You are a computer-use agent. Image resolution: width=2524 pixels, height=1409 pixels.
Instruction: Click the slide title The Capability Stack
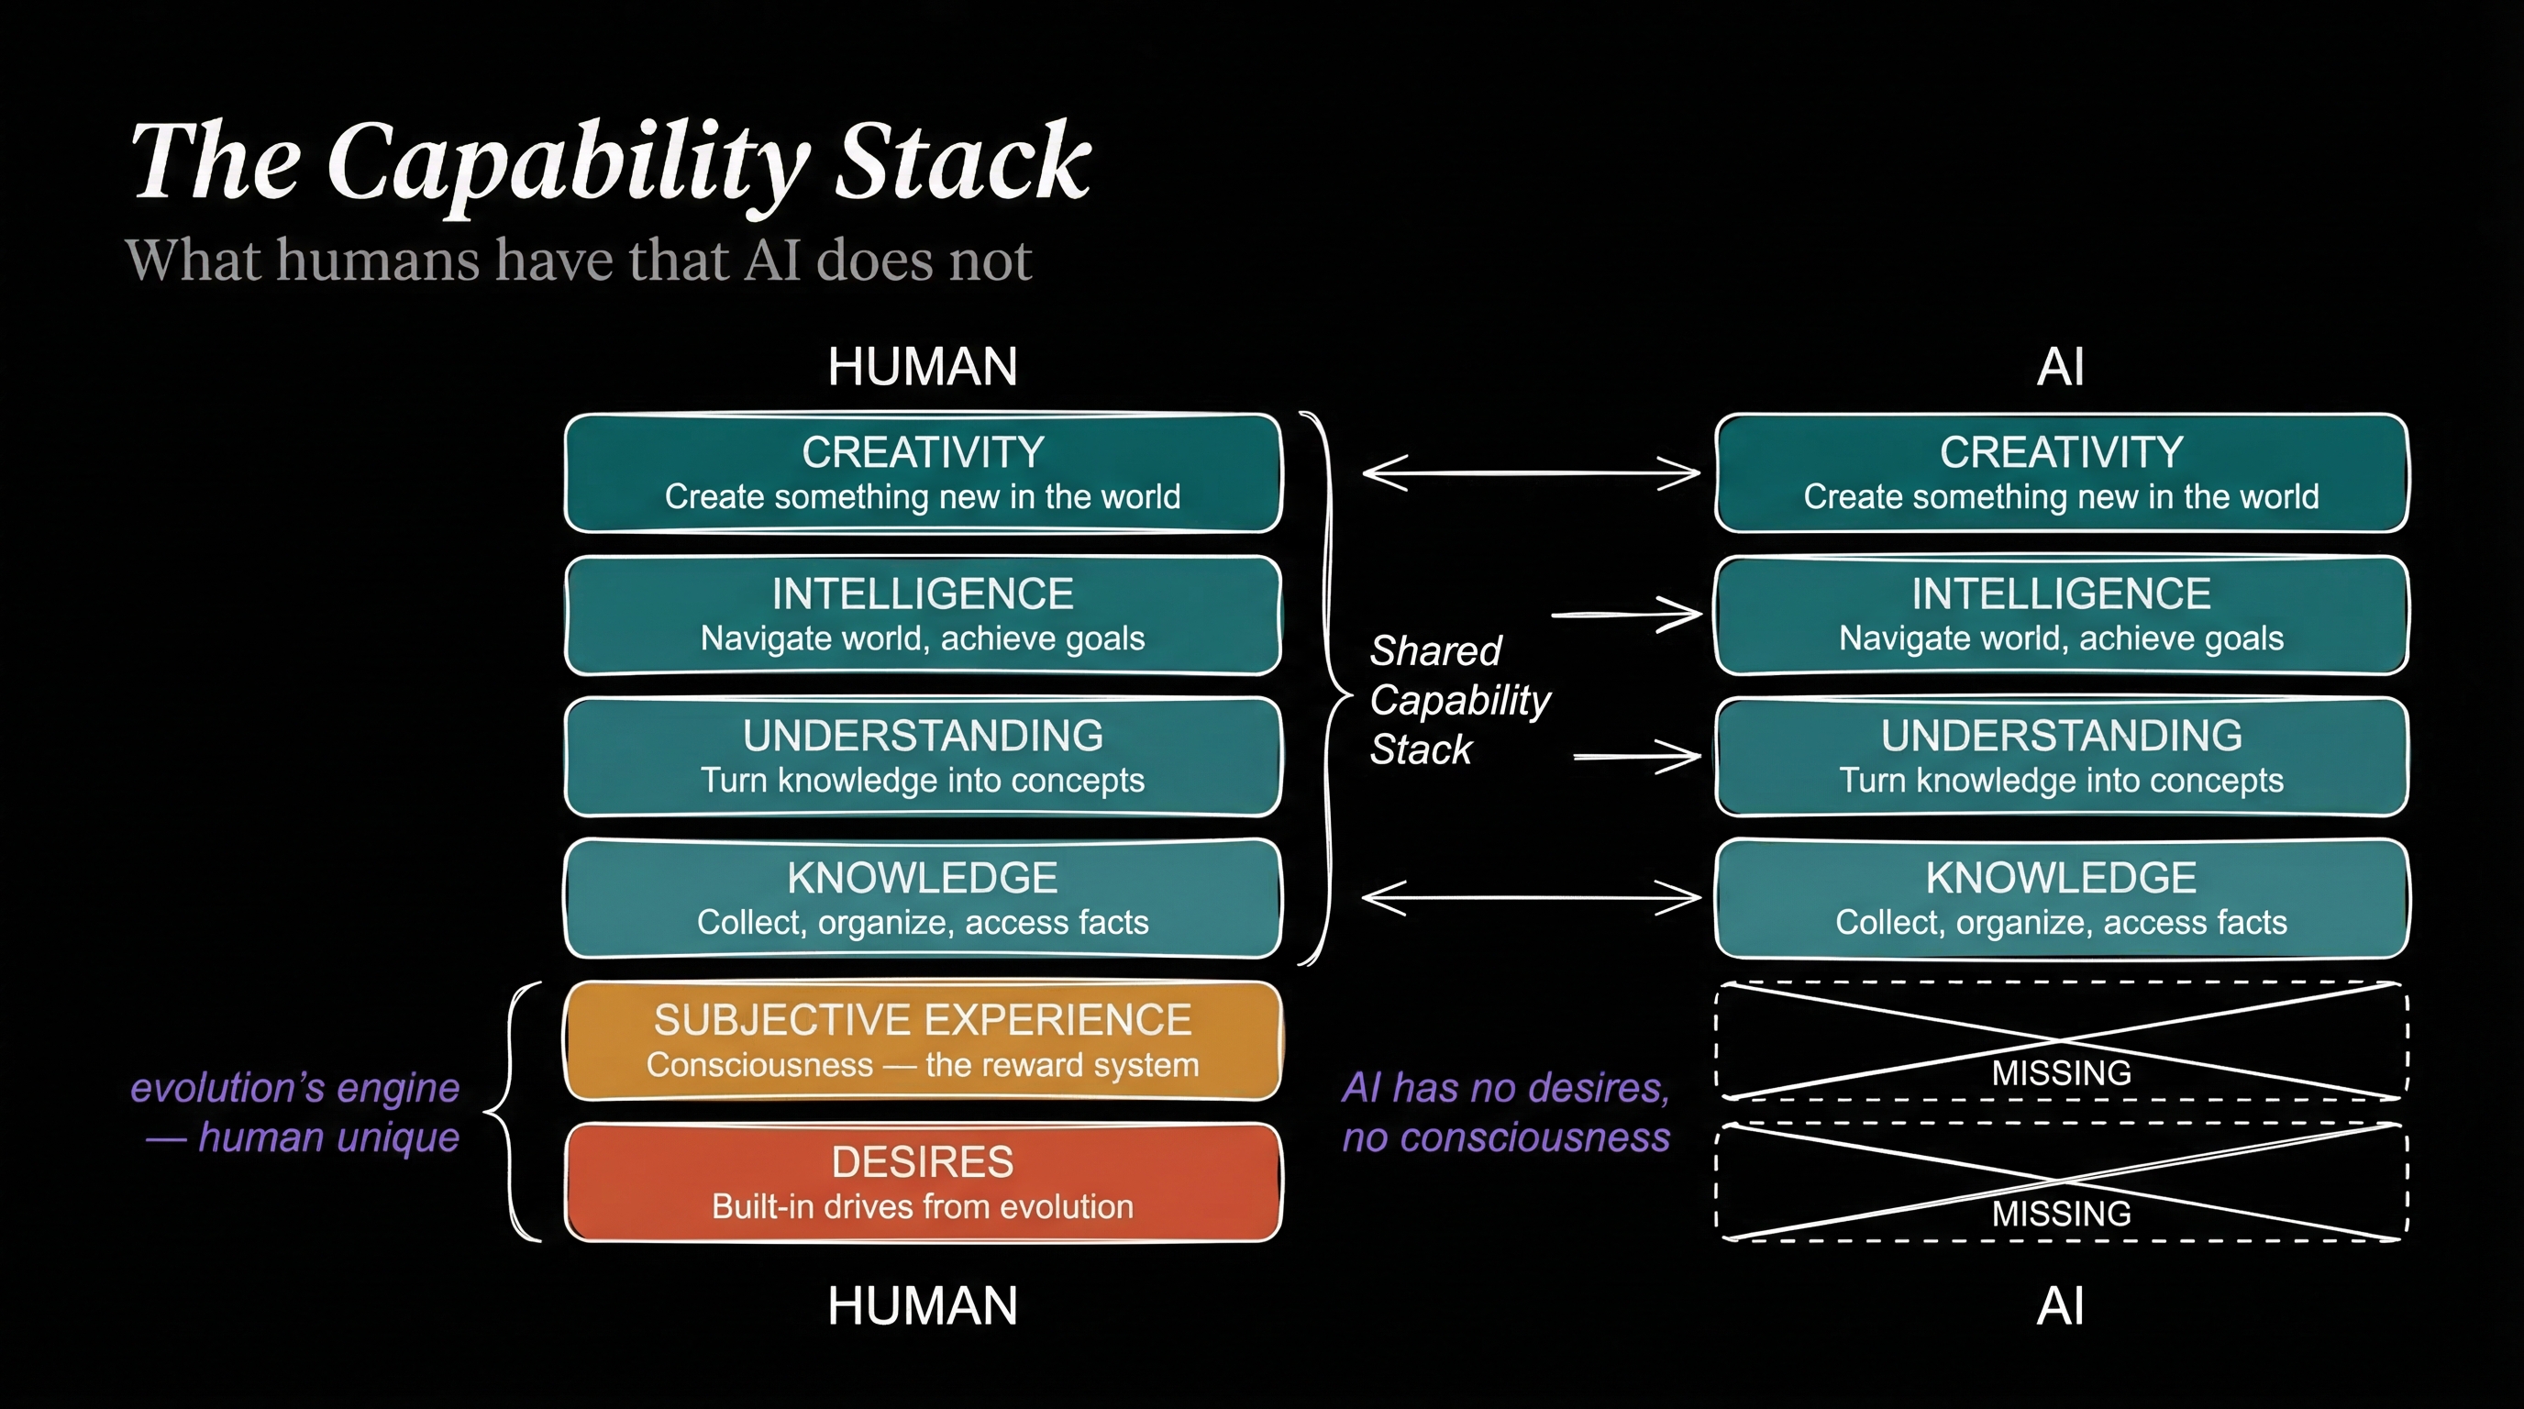611,162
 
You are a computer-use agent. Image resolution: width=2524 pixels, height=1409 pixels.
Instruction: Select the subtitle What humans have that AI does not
578,260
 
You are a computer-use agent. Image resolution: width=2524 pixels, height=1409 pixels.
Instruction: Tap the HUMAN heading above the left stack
922,366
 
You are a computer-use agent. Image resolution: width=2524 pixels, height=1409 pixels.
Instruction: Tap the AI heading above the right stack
2061,366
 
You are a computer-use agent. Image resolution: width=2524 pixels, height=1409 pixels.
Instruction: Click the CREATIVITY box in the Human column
923,473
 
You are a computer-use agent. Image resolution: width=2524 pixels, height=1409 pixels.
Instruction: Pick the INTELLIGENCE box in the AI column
2062,616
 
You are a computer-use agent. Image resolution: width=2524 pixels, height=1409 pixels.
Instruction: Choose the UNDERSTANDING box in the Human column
923,758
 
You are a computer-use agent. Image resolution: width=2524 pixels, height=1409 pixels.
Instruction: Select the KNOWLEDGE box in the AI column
2062,898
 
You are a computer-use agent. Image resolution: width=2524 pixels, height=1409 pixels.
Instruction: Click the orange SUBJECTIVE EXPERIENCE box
923,1040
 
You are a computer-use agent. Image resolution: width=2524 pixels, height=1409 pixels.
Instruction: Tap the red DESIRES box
923,1182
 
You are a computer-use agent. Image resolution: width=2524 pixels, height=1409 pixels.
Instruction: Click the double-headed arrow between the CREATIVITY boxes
1532,472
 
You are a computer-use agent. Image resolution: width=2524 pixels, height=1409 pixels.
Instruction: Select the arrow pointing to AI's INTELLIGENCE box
1627,615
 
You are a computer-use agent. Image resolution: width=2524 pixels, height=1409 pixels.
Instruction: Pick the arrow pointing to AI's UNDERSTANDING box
1637,757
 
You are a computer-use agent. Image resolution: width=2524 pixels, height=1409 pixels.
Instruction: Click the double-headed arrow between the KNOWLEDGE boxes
1532,896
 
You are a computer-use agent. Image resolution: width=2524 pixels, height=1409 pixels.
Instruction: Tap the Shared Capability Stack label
1460,700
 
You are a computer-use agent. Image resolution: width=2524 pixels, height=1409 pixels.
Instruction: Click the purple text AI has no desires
1506,1088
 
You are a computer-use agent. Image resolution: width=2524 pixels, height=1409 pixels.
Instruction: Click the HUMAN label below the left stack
922,1306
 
